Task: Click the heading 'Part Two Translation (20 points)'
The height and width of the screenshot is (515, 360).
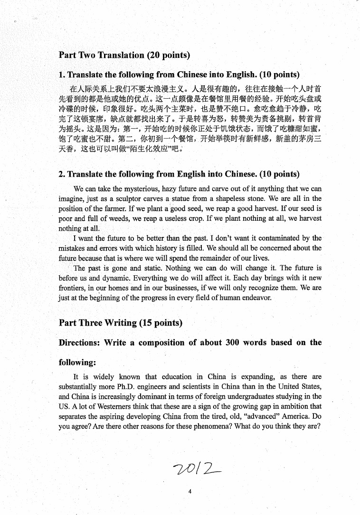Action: (x=124, y=55)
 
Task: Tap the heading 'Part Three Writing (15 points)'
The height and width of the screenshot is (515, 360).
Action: (x=121, y=323)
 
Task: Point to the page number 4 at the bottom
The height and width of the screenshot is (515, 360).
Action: (x=189, y=492)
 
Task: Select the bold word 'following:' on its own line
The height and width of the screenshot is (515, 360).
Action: (x=77, y=363)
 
